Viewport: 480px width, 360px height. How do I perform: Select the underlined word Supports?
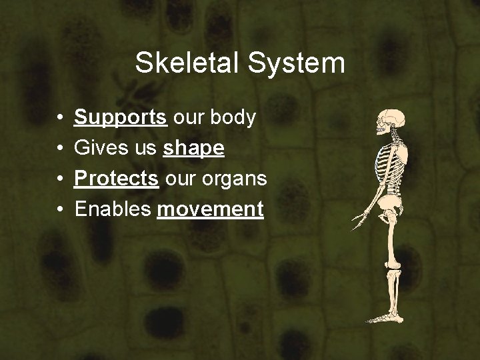[121, 118]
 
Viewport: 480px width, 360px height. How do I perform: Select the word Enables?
[113, 209]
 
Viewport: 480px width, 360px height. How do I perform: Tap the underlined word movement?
[210, 209]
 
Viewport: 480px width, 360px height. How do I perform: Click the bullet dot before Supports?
[60, 119]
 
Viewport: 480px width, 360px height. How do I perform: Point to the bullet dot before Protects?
[60, 179]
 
